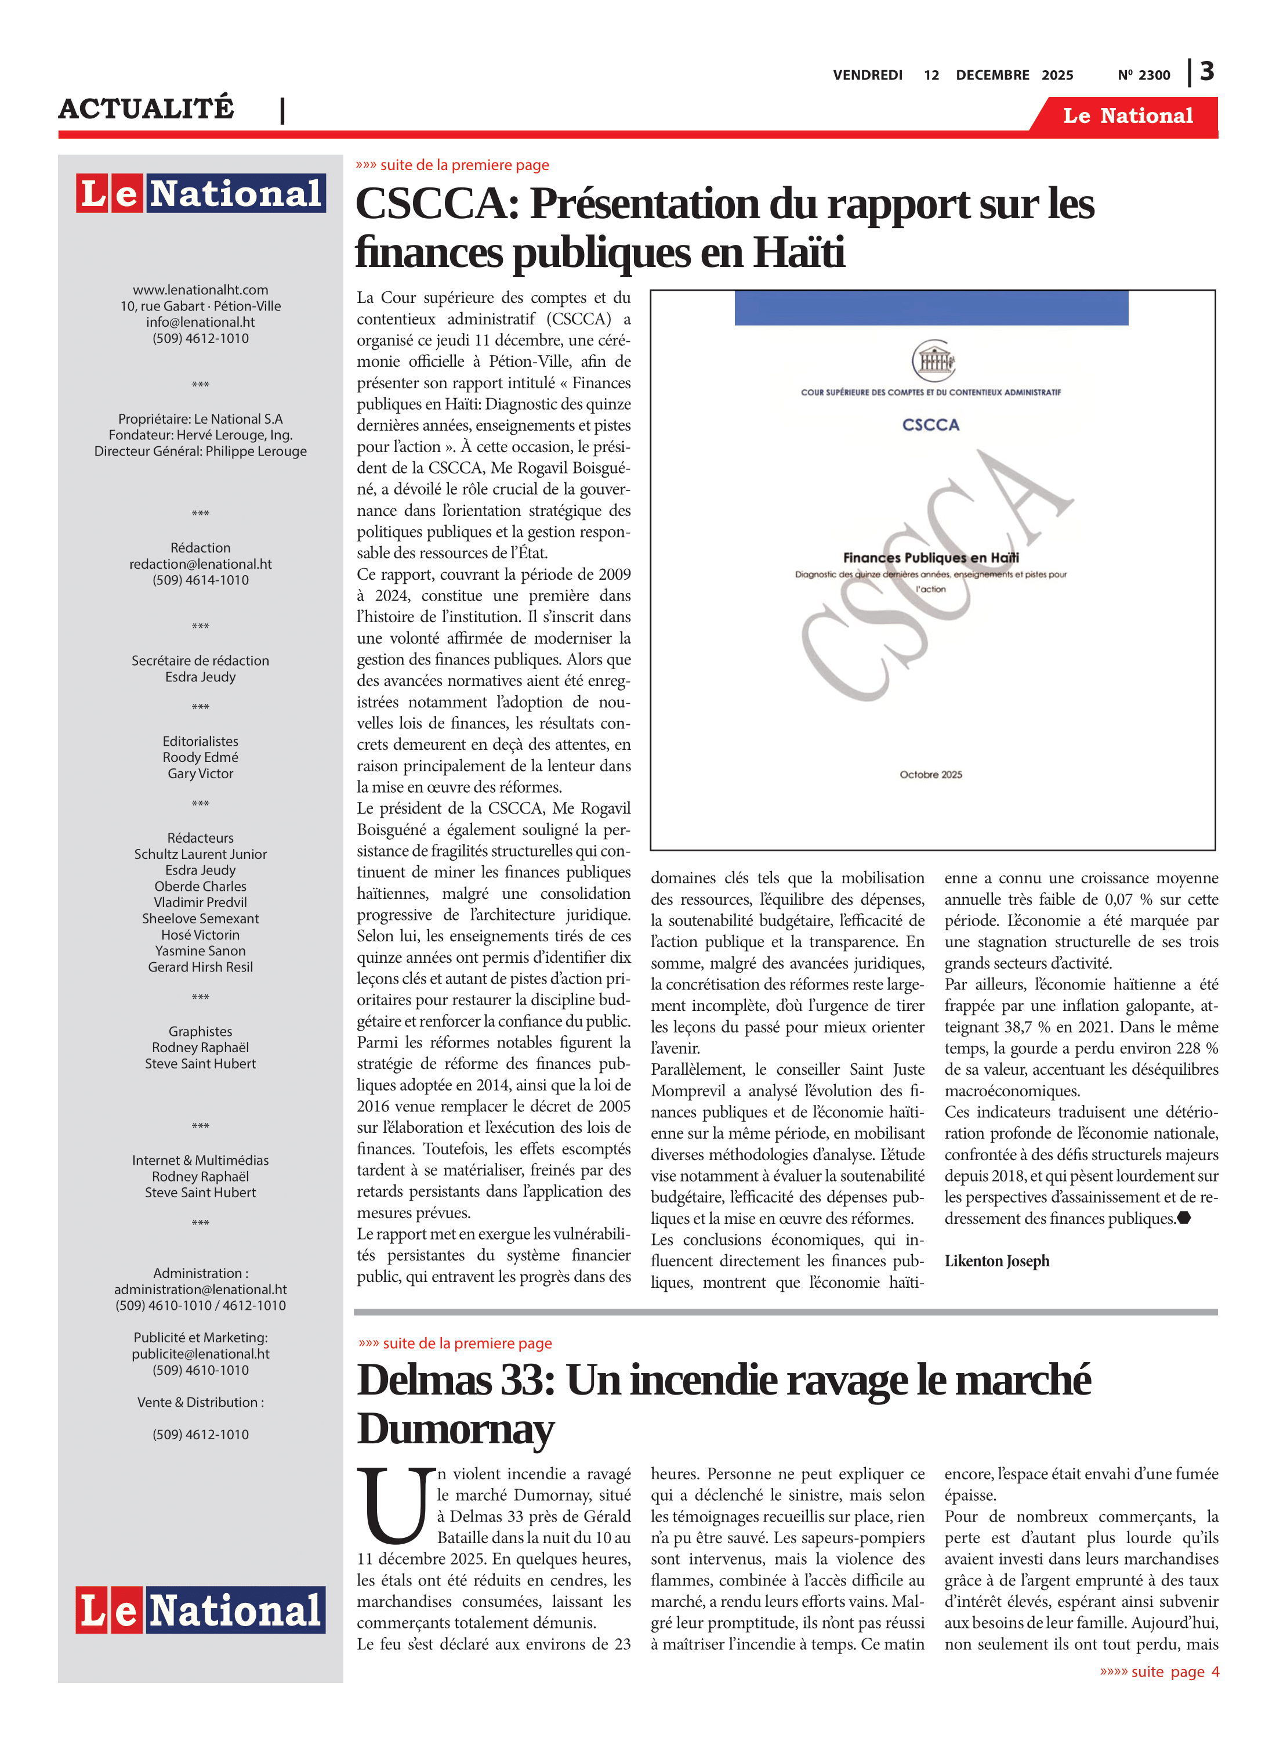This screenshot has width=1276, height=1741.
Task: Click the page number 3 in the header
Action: click(1206, 72)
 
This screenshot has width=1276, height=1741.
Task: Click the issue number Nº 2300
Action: click(1143, 75)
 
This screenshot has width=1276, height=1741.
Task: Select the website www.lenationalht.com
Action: click(200, 290)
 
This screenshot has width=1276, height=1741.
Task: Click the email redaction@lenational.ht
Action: click(200, 564)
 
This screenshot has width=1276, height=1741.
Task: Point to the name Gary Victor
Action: click(200, 774)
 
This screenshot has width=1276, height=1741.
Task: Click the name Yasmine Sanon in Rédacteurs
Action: click(200, 951)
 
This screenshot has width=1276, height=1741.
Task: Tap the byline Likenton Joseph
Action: click(996, 1261)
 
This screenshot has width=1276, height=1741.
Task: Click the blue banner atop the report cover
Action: click(931, 308)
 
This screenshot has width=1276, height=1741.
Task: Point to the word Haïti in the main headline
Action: click(799, 252)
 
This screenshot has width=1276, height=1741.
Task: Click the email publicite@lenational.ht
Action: click(200, 1354)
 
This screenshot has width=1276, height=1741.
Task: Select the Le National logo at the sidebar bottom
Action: click(200, 1610)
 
